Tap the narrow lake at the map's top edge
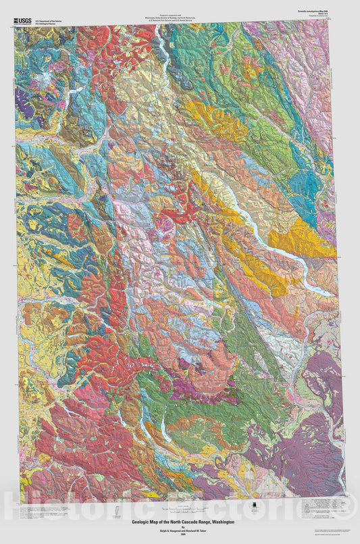pos(162,44)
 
